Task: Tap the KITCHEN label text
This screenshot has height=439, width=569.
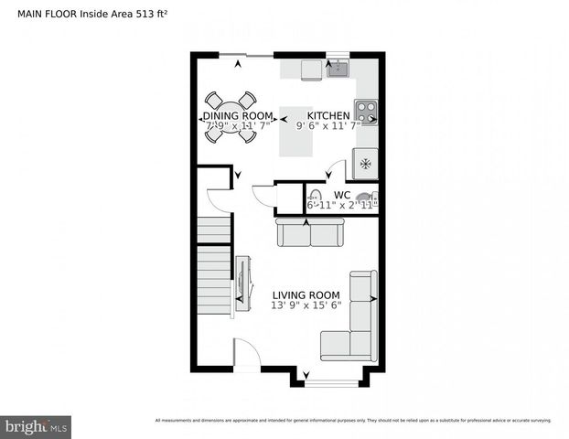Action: coord(327,115)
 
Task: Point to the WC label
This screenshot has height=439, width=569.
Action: coord(342,195)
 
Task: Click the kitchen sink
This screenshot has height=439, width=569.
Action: coord(338,68)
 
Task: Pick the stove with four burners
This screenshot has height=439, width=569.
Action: coord(366,112)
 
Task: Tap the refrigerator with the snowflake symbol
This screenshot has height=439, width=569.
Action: coord(366,164)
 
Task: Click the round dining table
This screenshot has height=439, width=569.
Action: coord(230,117)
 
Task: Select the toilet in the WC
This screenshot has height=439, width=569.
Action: coord(316,197)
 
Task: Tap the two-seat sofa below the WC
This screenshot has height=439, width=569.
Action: coord(309,233)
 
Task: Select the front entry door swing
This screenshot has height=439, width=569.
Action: coord(245,352)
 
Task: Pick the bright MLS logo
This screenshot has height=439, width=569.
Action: coord(37,425)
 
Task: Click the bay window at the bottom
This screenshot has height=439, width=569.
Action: coord(331,379)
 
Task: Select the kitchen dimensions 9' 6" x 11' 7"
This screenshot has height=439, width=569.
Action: coord(327,126)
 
